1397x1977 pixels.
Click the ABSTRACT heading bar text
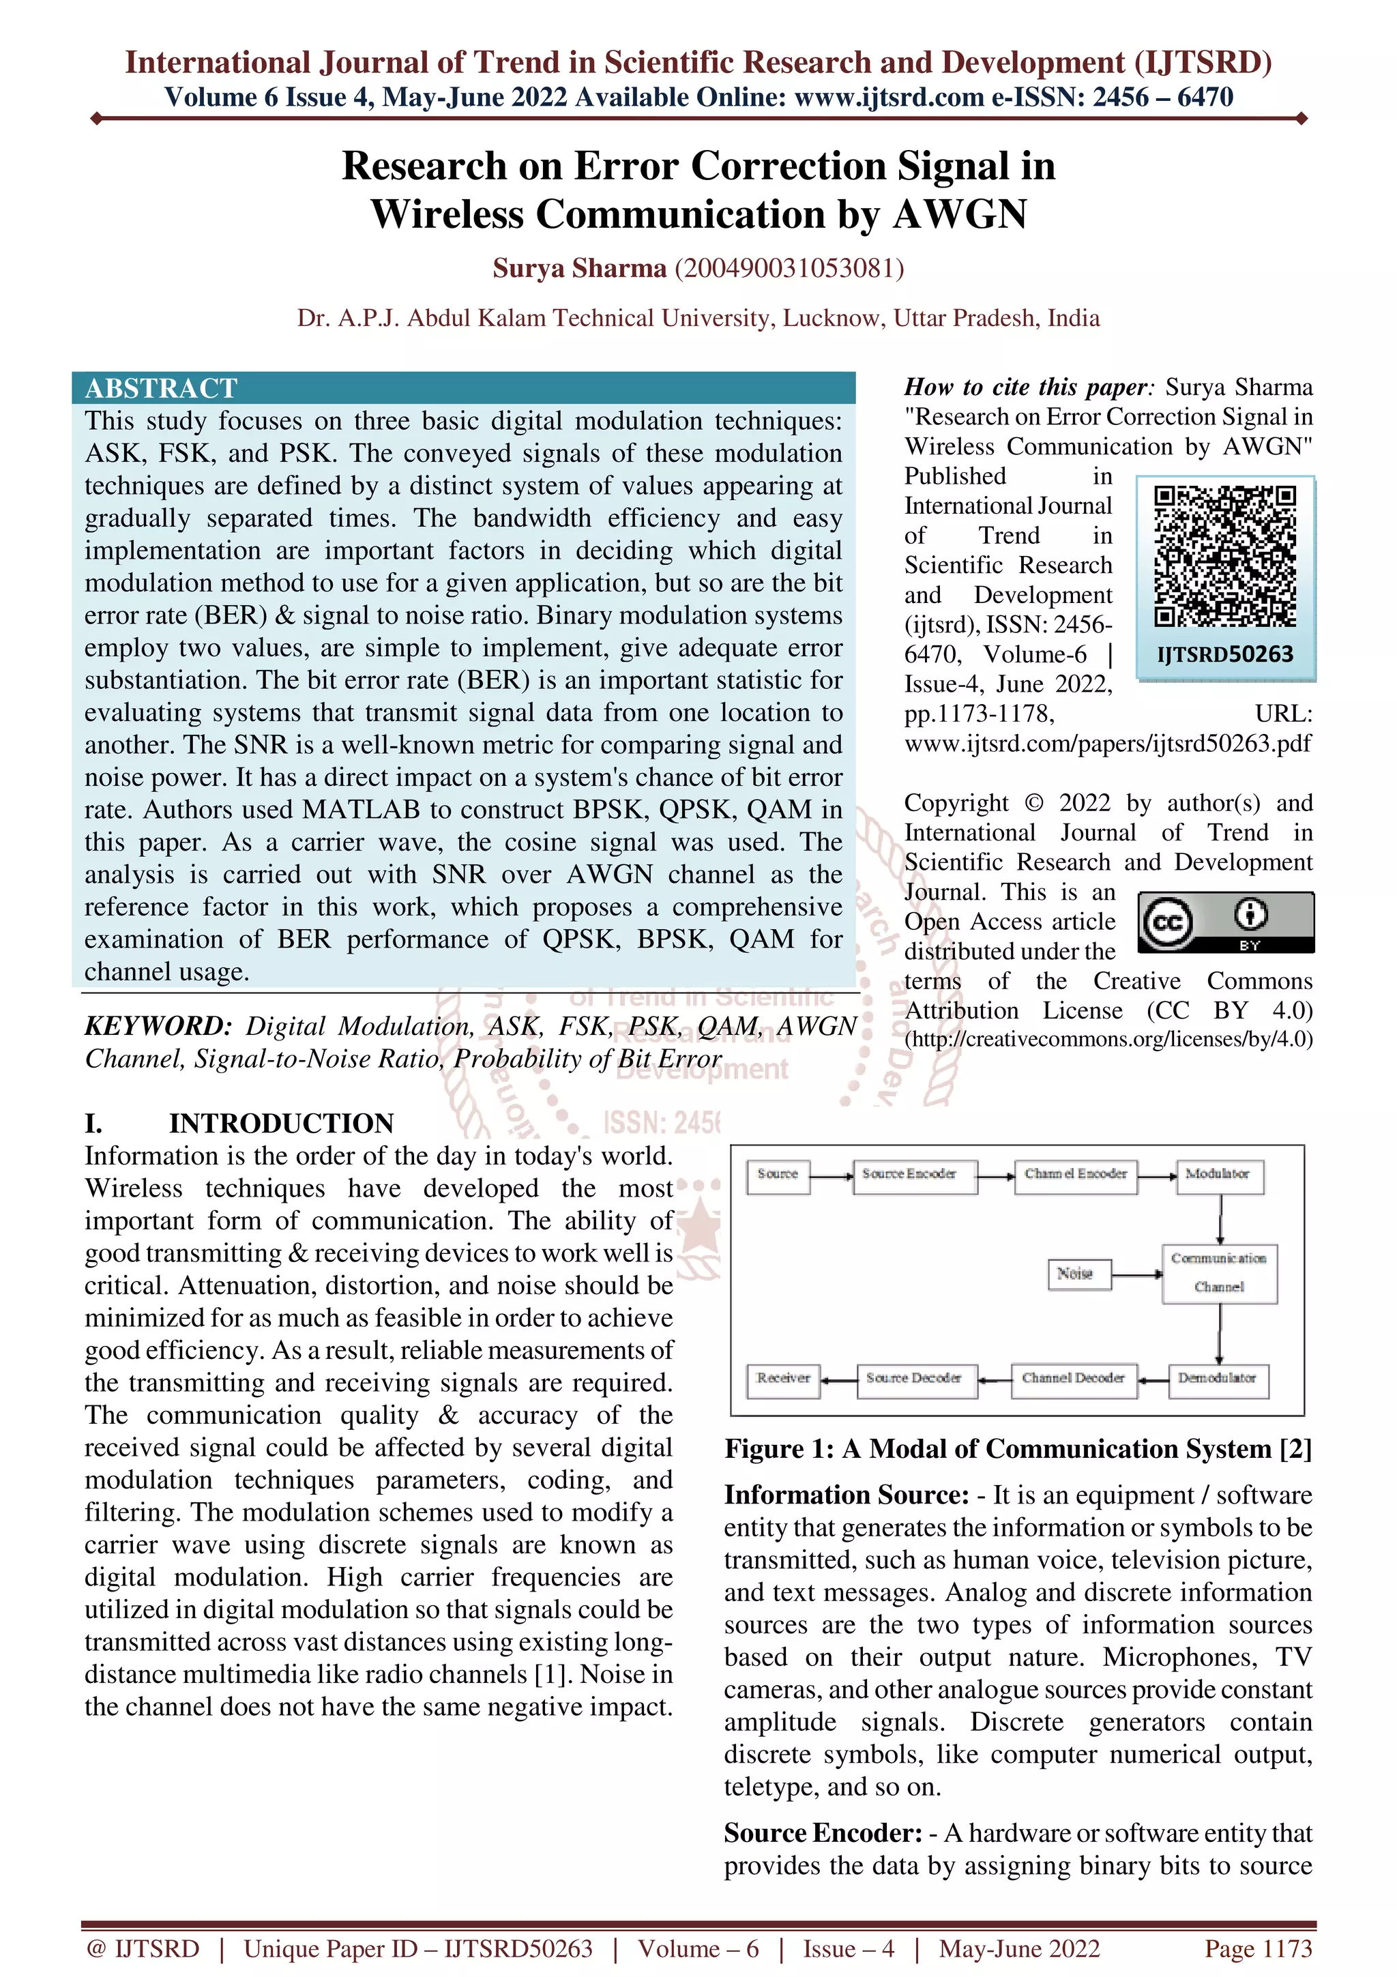coord(160,387)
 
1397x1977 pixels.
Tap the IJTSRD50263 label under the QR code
coord(1225,654)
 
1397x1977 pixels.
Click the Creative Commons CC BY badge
coord(1225,922)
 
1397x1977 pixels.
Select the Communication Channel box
coord(1219,1273)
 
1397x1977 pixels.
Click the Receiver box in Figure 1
coord(782,1379)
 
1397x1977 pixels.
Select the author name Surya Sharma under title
coord(579,269)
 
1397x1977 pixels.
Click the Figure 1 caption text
coord(1018,1449)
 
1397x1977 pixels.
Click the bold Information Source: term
coord(846,1495)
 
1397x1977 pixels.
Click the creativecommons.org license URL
coord(1108,1039)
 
